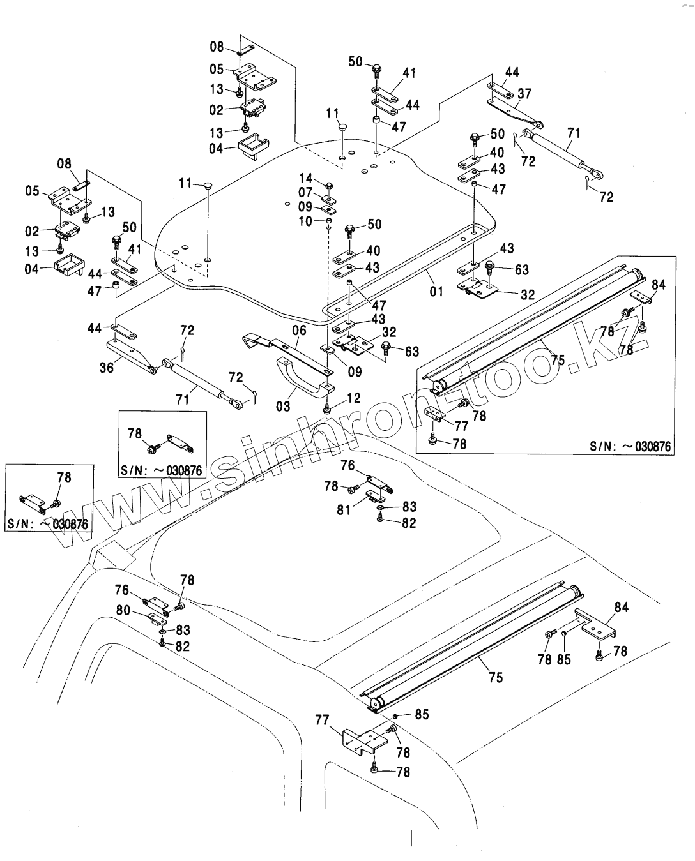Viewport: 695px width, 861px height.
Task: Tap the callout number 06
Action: pos(299,330)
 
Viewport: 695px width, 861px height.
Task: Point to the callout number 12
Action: pos(353,398)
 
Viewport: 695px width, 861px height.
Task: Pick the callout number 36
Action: pos(106,368)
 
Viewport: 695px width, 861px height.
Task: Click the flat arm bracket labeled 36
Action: pos(130,356)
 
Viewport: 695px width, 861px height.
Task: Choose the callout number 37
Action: pos(524,93)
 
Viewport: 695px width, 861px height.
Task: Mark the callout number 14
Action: pos(306,179)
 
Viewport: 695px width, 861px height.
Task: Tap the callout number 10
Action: pos(305,221)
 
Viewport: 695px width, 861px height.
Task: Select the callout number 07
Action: pos(305,192)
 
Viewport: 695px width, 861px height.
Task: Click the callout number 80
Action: pos(123,610)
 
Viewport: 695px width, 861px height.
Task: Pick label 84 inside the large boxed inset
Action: pos(659,285)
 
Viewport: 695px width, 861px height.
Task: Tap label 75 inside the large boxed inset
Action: pos(557,360)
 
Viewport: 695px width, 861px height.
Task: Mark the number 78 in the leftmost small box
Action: pos(64,477)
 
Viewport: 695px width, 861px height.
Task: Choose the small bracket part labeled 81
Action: pos(373,497)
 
